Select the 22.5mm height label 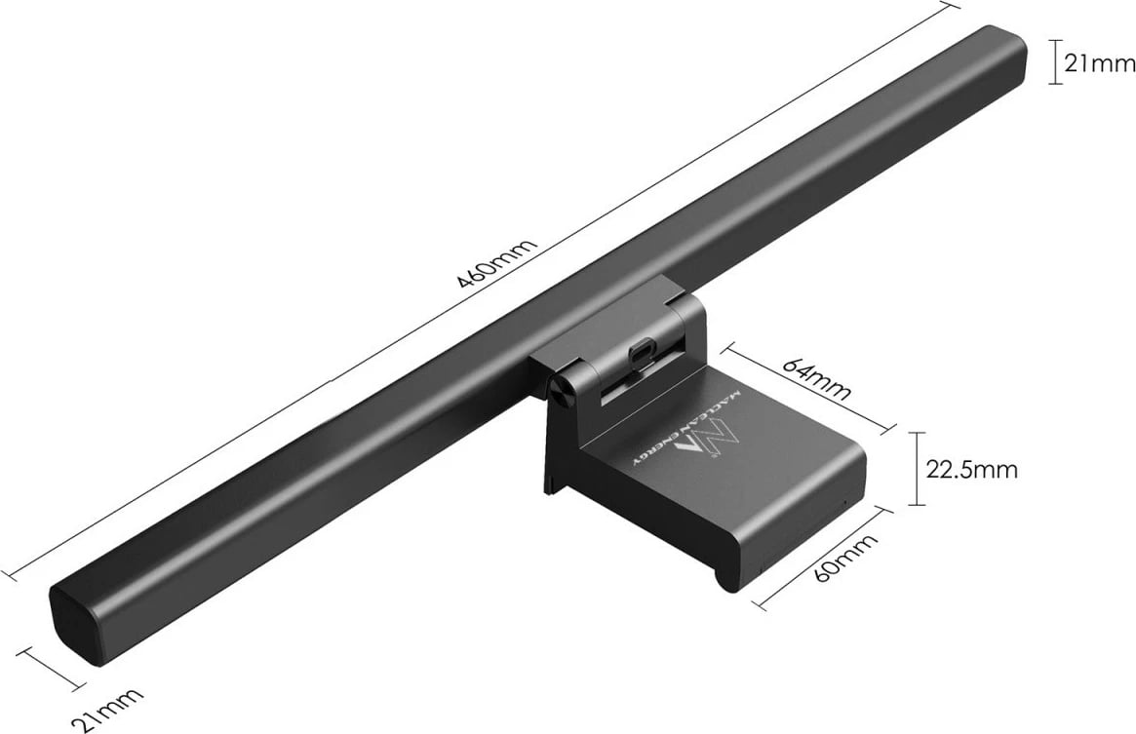(971, 470)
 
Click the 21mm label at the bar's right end (1100, 64)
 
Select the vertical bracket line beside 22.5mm (915, 469)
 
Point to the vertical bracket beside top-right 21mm (1054, 61)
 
